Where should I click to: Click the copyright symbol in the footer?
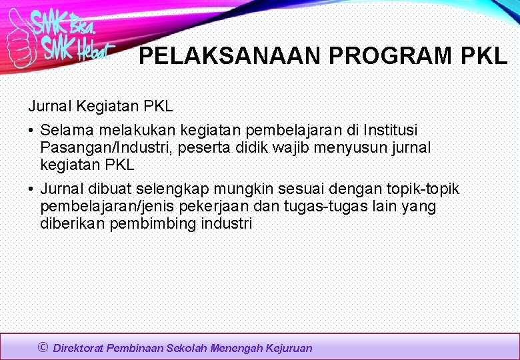pyautogui.click(x=43, y=347)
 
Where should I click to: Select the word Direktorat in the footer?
pyautogui.click(x=79, y=348)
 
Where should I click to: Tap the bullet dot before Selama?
pyautogui.click(x=31, y=130)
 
